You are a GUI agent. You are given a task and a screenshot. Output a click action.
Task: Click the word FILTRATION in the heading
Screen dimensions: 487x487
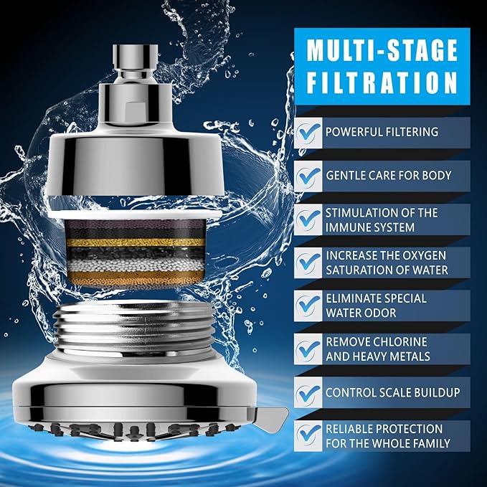pos(382,81)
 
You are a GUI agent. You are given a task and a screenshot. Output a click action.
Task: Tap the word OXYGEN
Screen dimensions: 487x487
pos(425,255)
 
